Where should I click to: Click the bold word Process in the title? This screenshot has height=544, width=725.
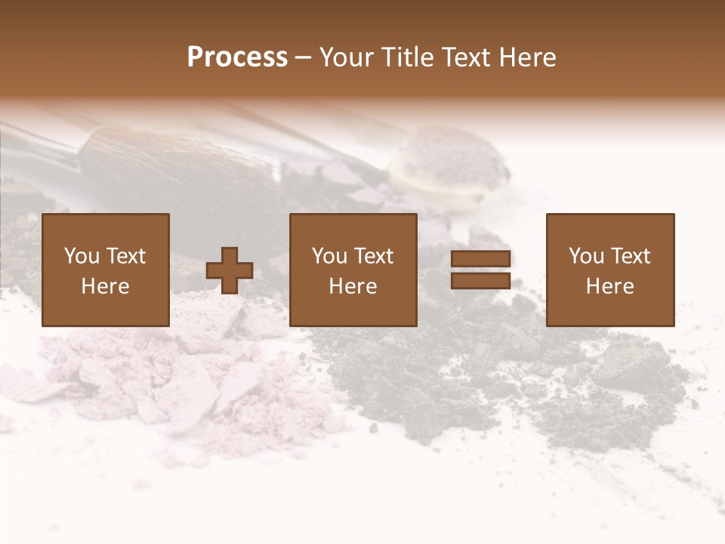(x=237, y=57)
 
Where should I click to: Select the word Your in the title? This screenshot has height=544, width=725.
(x=347, y=57)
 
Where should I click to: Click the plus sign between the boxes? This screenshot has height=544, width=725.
(x=230, y=270)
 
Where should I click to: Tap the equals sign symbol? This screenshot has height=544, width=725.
(x=480, y=270)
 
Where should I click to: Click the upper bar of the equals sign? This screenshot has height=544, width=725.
(x=480, y=259)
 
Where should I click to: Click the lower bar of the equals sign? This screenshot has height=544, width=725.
(x=480, y=280)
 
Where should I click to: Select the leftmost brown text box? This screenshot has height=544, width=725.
(x=106, y=270)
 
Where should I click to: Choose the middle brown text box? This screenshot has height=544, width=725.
(x=353, y=270)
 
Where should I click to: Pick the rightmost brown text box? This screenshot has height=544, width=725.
(x=610, y=270)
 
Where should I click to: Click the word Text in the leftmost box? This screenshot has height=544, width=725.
(x=126, y=256)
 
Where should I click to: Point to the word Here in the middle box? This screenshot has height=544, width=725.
(x=353, y=286)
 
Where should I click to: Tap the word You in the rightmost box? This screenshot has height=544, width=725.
(x=586, y=256)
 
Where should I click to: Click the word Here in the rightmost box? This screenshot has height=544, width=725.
(x=610, y=286)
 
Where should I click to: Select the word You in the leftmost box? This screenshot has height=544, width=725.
(x=82, y=256)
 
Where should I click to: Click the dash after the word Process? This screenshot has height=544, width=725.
(x=304, y=58)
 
